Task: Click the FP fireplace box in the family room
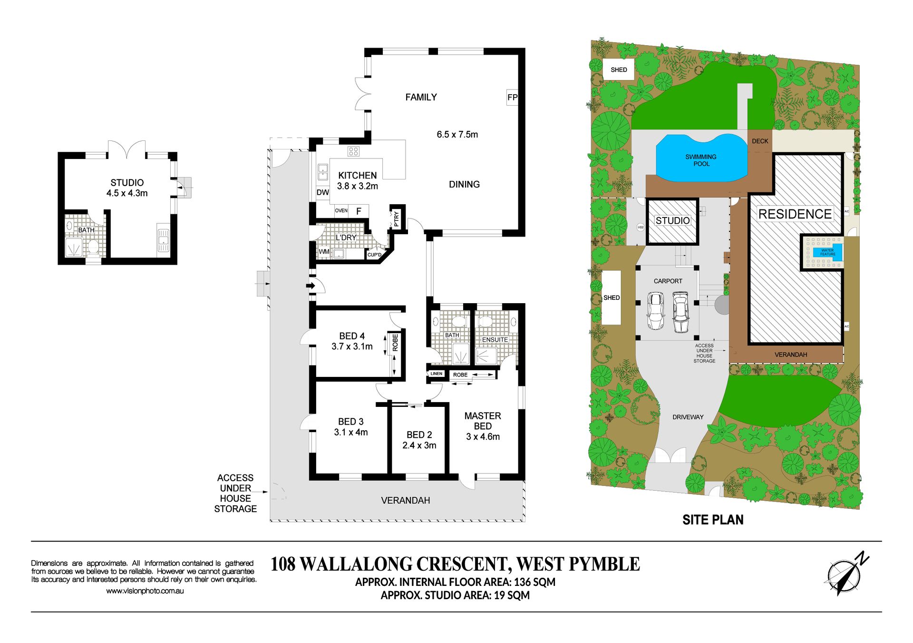point(512,98)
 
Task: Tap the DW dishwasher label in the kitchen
point(322,192)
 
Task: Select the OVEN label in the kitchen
point(341,210)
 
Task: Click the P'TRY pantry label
point(397,219)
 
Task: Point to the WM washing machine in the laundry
point(324,252)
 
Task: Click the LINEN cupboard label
point(437,374)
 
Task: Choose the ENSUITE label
point(495,339)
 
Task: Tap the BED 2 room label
point(419,435)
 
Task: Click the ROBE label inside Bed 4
point(395,343)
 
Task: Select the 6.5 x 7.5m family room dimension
point(457,135)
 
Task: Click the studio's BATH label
point(86,230)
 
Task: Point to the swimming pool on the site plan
point(701,158)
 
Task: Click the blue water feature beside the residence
point(827,252)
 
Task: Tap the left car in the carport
point(655,311)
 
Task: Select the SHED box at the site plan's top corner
point(619,70)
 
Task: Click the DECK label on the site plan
point(760,141)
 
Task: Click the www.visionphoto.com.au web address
point(145,591)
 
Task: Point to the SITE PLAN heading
point(713,520)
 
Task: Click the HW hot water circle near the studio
point(641,228)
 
